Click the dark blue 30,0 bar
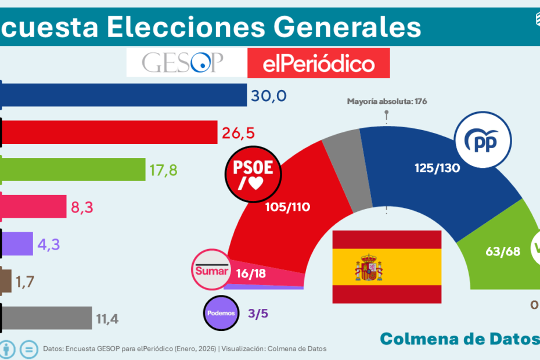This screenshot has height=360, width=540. pos(124,95)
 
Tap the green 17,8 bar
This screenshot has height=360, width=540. pos(74,169)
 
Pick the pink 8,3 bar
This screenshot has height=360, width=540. pos(34,206)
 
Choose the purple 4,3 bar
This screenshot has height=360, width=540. pos(17,242)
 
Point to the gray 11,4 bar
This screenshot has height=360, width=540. pos(47,318)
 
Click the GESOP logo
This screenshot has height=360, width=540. pos(183,63)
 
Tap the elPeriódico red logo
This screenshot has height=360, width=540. pos(318,63)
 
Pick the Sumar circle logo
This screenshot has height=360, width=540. pos(212,271)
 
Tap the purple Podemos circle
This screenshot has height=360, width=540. pos(222,313)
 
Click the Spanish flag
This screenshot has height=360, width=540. pos(387,267)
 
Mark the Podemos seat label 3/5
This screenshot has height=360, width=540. pos(259,313)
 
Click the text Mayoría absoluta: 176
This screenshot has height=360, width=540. pos(387,101)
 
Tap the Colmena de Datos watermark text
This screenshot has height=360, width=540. pos(459,339)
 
